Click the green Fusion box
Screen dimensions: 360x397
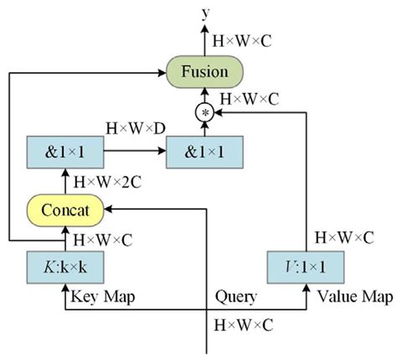click(x=204, y=72)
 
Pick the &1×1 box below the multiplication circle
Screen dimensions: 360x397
click(x=204, y=152)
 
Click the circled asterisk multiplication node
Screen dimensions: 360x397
click(x=204, y=111)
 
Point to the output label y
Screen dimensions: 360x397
click(x=204, y=11)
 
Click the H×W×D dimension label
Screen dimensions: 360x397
click(x=134, y=129)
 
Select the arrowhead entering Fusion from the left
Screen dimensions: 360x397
click(x=162, y=72)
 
